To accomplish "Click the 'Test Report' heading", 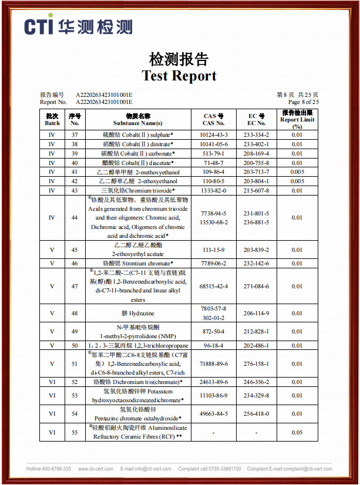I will coord(179,76).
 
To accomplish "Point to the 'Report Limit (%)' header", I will coord(297,119).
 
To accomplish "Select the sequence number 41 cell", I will coord(75,172).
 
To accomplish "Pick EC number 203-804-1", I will coord(257,181).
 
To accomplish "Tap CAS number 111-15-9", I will coord(214,250).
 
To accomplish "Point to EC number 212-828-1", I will coord(257,332).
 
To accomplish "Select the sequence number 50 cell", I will coord(75,346).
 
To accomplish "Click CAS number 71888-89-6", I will coord(214,365).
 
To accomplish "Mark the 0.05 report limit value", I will coord(297,433).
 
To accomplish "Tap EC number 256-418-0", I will coord(257,414).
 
